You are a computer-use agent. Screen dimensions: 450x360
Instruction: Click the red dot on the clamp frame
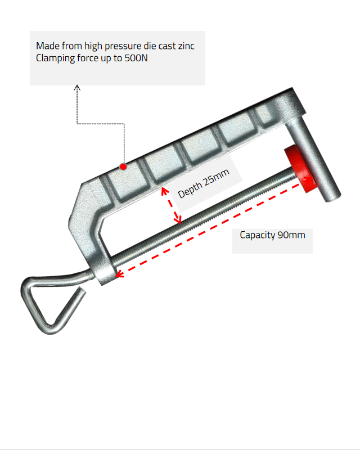pyautogui.click(x=123, y=166)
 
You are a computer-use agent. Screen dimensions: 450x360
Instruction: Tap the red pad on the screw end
pyautogui.click(x=298, y=169)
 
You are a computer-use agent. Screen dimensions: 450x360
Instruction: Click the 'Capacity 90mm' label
pyautogui.click(x=272, y=235)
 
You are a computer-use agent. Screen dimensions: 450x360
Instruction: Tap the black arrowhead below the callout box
pyautogui.click(x=78, y=87)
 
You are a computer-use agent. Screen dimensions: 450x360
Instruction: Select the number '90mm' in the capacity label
pyautogui.click(x=291, y=235)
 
